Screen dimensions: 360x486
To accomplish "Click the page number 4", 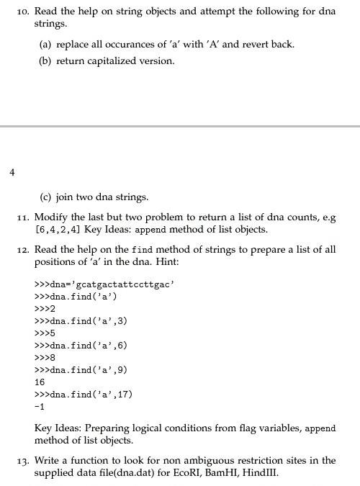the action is pos(12,172).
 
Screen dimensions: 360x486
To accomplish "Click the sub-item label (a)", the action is pos(45,45).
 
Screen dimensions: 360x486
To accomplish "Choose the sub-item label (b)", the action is pos(45,61).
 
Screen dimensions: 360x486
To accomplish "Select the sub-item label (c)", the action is pos(45,197).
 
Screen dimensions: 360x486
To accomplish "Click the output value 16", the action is pos(40,382).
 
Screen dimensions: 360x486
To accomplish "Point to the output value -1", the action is pos(40,407).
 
